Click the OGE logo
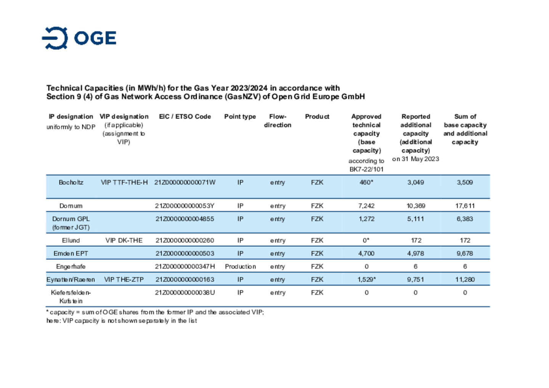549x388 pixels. pyautogui.click(x=79, y=38)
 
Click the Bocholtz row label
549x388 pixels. pyautogui.click(x=71, y=182)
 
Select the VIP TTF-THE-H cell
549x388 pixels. pyautogui.click(x=124, y=182)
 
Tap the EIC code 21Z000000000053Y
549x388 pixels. pyautogui.click(x=185, y=206)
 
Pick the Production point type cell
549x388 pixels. pyautogui.click(x=240, y=266)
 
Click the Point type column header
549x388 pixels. pyautogui.click(x=240, y=117)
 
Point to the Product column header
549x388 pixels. pyautogui.click(x=317, y=117)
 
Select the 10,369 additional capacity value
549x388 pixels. pyautogui.click(x=416, y=206)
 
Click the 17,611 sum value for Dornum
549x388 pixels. pyautogui.click(x=465, y=206)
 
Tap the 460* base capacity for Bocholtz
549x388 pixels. pyautogui.click(x=366, y=182)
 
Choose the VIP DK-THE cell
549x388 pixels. pyautogui.click(x=124, y=240)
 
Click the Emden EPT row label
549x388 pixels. pyautogui.click(x=71, y=253)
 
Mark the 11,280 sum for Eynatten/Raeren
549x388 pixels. pyautogui.click(x=465, y=279)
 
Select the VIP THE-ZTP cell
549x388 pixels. pyautogui.click(x=124, y=279)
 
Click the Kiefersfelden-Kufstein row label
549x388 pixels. pyautogui.click(x=71, y=297)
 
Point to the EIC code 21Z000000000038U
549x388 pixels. pyautogui.click(x=185, y=293)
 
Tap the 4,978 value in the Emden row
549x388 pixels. pyautogui.click(x=416, y=253)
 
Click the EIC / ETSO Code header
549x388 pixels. pyautogui.click(x=185, y=117)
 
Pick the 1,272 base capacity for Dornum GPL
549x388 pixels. pyautogui.click(x=366, y=219)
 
